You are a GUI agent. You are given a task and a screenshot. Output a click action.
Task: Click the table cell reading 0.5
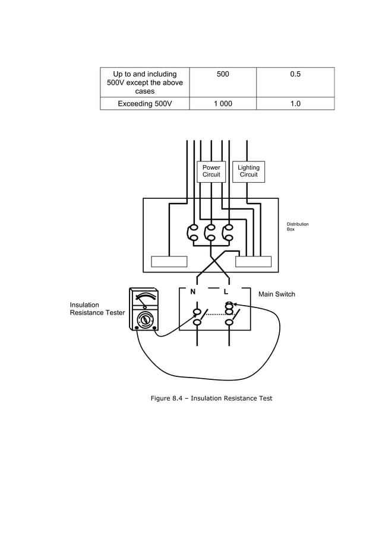[x=295, y=74]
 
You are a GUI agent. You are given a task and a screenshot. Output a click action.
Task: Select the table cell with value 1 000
[x=223, y=104]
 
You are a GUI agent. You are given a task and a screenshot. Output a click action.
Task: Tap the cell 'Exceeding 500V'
[x=144, y=104]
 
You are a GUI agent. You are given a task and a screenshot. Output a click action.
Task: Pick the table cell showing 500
[x=223, y=74]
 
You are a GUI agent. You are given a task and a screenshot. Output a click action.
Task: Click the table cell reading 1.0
[x=295, y=104]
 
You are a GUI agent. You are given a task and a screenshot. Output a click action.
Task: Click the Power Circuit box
[x=211, y=171]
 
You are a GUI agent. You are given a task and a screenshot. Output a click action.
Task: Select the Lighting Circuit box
[x=248, y=171]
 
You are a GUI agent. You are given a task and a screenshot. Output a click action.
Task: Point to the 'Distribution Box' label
[x=298, y=226]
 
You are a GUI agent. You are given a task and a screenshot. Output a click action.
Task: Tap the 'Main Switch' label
[x=276, y=294]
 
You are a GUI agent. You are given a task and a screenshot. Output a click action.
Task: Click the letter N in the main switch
[x=193, y=293]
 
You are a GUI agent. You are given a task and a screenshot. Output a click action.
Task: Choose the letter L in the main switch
[x=226, y=293]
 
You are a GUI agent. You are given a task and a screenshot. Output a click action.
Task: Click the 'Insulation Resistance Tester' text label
[x=97, y=309]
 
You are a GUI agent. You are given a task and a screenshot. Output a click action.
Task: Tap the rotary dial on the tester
[x=144, y=320]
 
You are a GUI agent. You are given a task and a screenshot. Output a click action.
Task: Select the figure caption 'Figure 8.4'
[x=211, y=398]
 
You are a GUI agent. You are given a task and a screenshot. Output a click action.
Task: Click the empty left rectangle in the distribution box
[x=169, y=262]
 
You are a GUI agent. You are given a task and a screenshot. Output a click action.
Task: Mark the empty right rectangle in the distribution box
[x=254, y=262]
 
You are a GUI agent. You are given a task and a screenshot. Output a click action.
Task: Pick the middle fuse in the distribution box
[x=210, y=233]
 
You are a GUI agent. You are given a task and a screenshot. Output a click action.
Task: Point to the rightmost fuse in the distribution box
[x=228, y=233]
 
